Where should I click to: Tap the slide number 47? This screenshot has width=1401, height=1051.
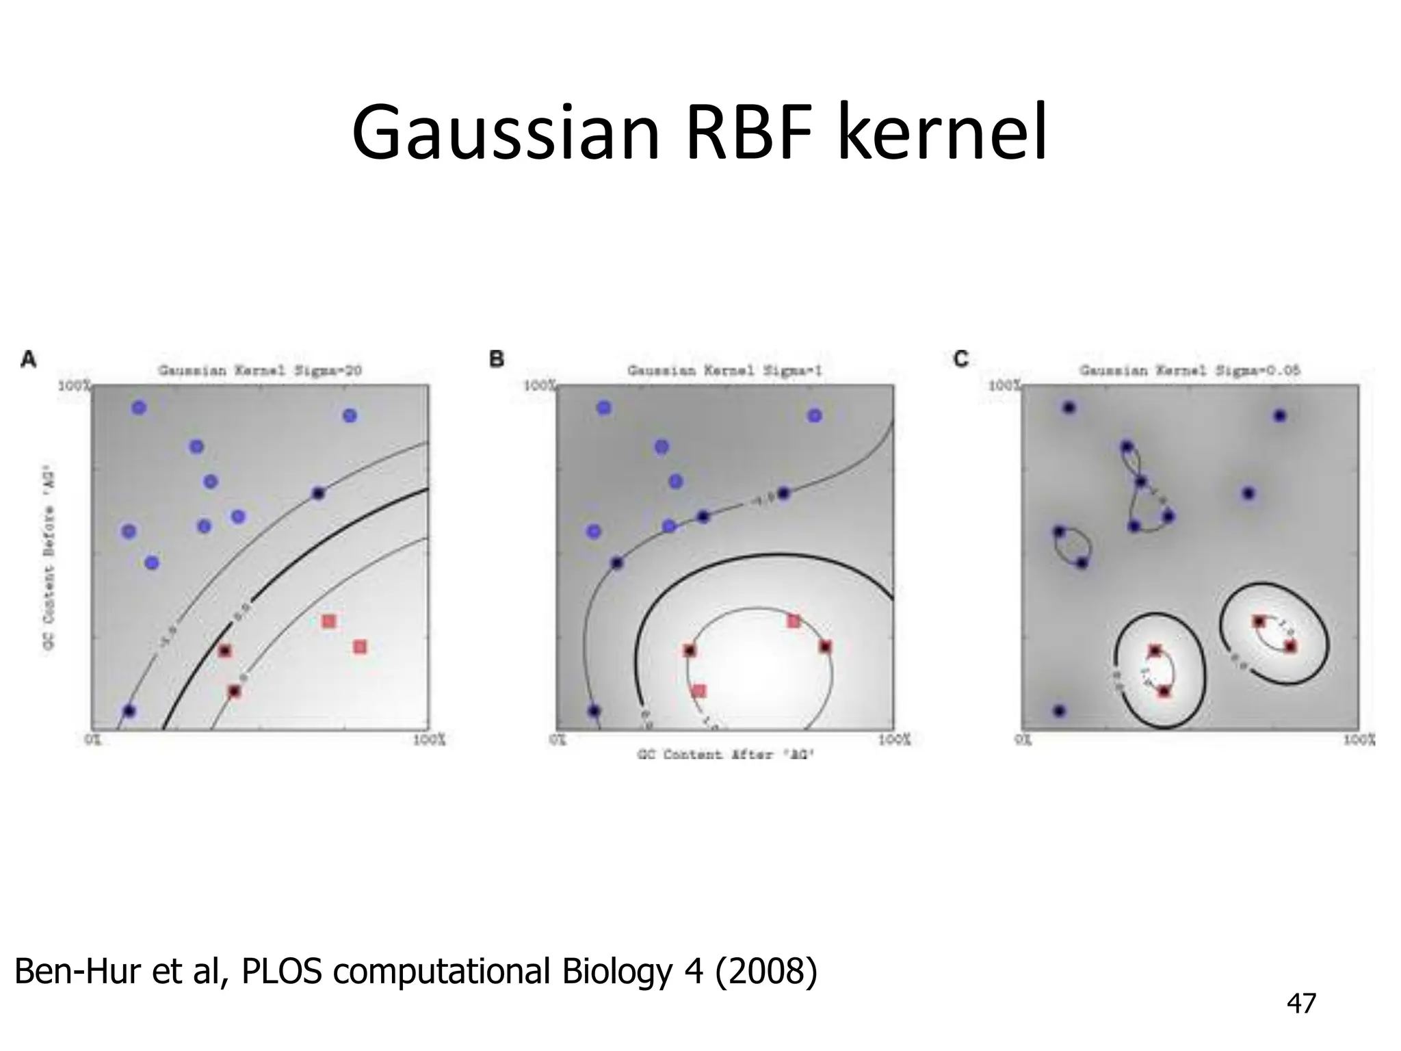tap(1300, 1003)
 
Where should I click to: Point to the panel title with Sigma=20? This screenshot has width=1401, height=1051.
tap(260, 371)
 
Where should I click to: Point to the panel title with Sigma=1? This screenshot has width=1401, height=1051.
tap(724, 371)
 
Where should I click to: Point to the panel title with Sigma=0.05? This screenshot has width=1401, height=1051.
tap(1190, 371)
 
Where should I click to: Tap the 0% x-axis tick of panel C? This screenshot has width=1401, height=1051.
tap(1022, 740)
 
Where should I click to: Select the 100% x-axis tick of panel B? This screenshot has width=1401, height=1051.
tap(894, 740)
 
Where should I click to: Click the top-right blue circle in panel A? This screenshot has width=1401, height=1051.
tap(350, 415)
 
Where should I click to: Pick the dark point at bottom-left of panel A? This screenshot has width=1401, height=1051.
tap(129, 711)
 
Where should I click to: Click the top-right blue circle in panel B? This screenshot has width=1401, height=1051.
tap(814, 415)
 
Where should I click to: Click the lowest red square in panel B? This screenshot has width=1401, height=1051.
tap(698, 691)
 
